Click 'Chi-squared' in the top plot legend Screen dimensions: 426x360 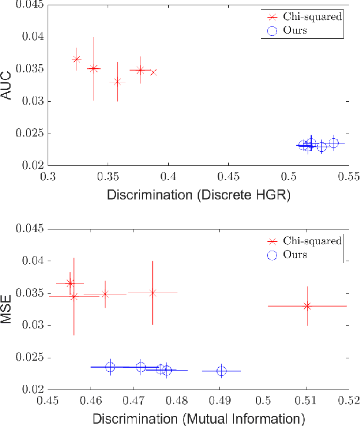point(311,17)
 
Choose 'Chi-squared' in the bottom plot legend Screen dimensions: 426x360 point(311,241)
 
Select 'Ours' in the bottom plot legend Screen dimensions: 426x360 point(295,254)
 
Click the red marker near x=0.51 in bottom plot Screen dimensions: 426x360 point(306,306)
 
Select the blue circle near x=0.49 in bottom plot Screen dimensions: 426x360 point(221,371)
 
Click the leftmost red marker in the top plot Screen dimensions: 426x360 point(76,59)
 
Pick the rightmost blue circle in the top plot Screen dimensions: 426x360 point(334,143)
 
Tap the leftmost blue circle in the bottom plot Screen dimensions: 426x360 point(110,367)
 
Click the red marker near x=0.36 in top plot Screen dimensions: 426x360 point(117,82)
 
